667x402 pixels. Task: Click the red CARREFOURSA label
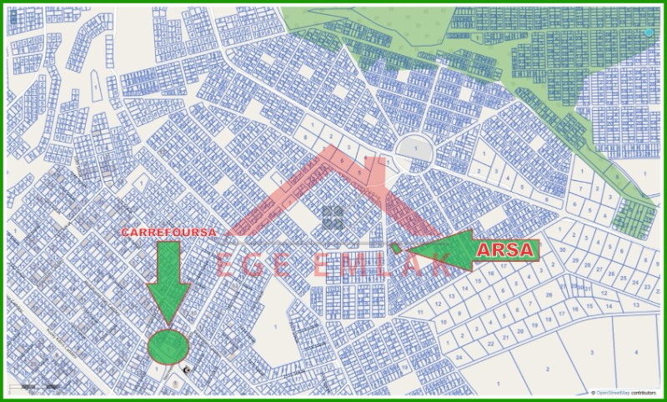click(x=169, y=232)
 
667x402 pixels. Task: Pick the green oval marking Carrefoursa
click(x=168, y=344)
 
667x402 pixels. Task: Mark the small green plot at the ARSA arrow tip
click(x=395, y=248)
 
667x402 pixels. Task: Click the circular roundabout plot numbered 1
click(x=414, y=151)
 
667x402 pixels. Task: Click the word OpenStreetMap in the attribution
click(x=612, y=391)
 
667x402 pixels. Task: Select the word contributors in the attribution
click(x=644, y=391)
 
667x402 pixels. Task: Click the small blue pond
click(x=649, y=32)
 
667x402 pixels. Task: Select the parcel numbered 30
click(x=564, y=249)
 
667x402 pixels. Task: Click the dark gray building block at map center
click(x=333, y=218)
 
